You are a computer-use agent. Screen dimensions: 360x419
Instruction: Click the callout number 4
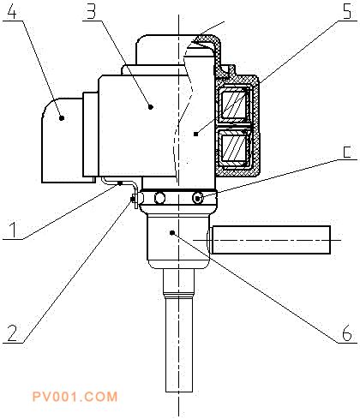click(12, 11)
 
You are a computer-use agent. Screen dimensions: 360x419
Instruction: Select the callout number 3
click(92, 11)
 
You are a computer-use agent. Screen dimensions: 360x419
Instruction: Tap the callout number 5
click(347, 11)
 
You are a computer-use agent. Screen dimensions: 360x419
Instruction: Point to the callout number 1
click(13, 230)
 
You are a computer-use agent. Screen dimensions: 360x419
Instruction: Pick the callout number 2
click(13, 333)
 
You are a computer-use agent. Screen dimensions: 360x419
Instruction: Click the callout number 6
click(347, 333)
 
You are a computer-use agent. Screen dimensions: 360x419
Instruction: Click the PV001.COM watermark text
click(75, 397)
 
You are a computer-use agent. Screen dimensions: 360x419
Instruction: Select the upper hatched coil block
click(233, 105)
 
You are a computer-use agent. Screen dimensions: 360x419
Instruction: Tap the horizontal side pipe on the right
click(271, 240)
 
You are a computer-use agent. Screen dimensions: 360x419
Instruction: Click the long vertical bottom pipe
click(179, 344)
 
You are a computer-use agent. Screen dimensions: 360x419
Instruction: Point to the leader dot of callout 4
click(62, 117)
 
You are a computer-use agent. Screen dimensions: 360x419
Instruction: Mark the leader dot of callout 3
click(151, 107)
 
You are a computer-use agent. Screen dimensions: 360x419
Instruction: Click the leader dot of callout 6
click(172, 233)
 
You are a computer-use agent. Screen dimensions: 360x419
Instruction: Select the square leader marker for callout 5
click(195, 134)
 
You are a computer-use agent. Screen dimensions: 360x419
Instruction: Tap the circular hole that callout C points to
click(198, 198)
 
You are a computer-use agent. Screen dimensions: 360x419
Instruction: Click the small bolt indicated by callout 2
click(134, 199)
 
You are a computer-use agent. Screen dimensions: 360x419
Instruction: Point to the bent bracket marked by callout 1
click(120, 183)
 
